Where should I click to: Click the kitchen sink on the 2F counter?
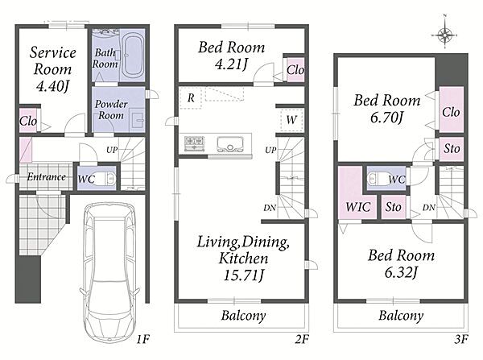click(229, 144)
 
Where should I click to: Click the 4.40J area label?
click(52, 85)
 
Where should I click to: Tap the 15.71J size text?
click(244, 275)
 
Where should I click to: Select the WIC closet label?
click(357, 207)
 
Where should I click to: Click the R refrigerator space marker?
click(191, 98)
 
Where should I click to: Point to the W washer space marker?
click(291, 119)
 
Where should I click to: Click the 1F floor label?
click(143, 339)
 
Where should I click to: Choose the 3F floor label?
click(461, 339)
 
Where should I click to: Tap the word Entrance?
click(46, 177)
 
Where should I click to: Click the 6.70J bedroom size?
click(387, 117)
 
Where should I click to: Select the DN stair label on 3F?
click(429, 208)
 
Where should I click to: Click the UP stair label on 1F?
click(112, 150)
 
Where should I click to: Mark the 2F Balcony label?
click(244, 316)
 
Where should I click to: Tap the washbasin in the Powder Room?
click(138, 120)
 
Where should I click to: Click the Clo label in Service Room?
click(28, 121)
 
